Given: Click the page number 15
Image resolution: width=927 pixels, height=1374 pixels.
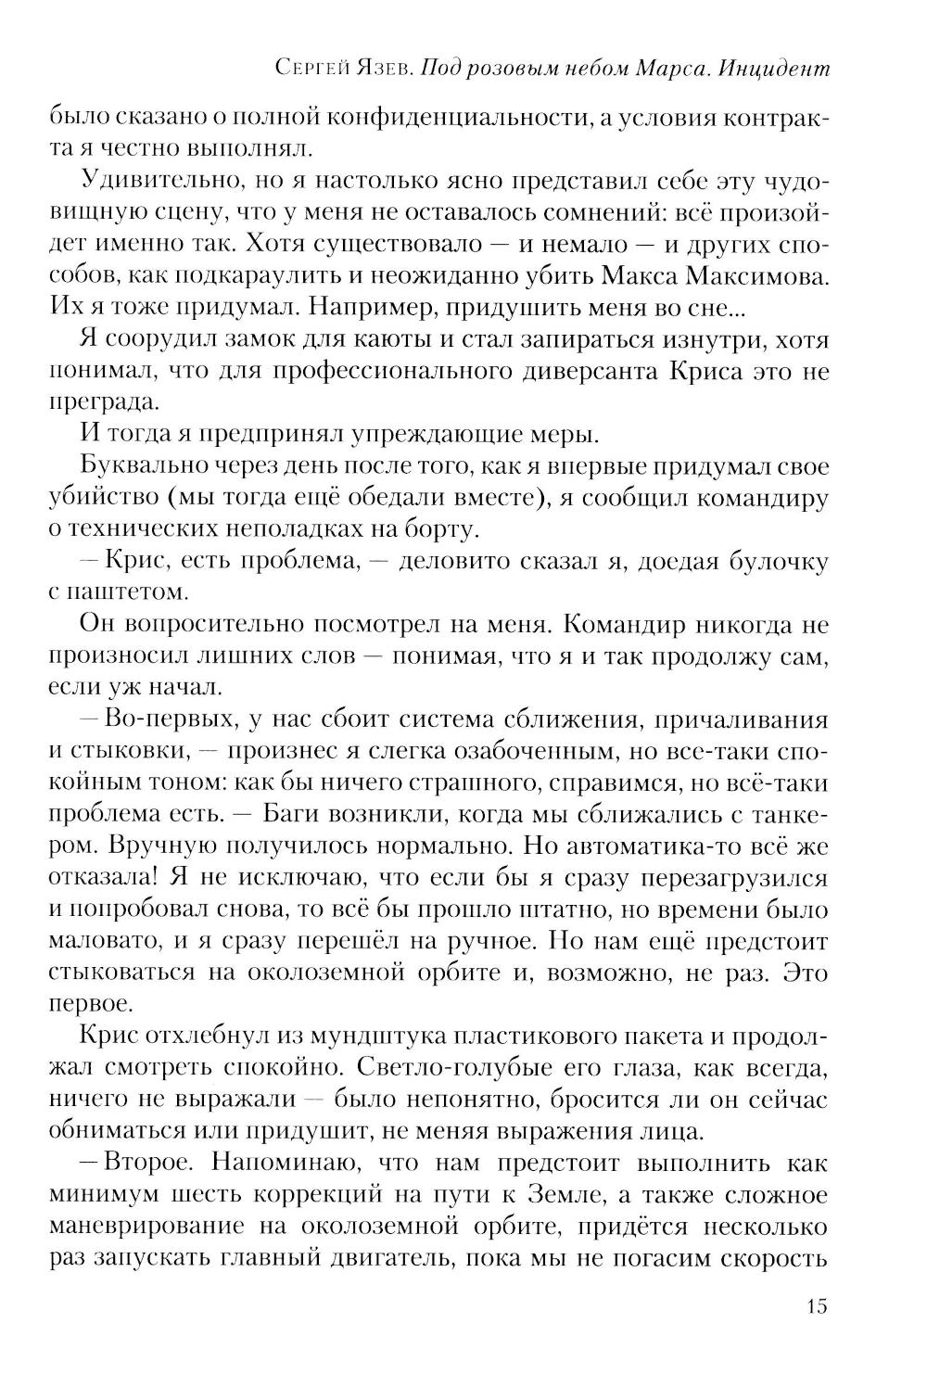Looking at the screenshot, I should [816, 1307].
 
